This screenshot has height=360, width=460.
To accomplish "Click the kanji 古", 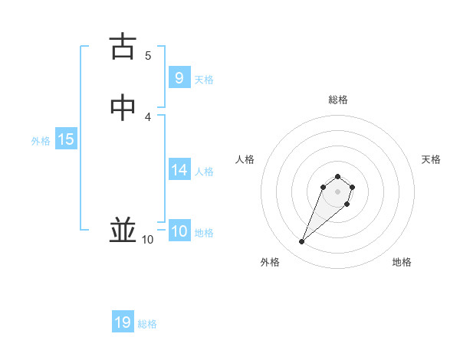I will pyautogui.click(x=123, y=47).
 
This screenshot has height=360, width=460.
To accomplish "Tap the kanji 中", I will pyautogui.click(x=123, y=108).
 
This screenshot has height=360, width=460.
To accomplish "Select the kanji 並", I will pyautogui.click(x=123, y=230).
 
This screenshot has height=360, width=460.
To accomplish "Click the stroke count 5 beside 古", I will pyautogui.click(x=148, y=55).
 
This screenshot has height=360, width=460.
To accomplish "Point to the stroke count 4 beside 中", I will pyautogui.click(x=148, y=116).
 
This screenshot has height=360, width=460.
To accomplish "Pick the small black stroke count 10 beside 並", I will pyautogui.click(x=148, y=240).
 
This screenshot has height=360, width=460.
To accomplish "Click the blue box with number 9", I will pyautogui.click(x=179, y=78).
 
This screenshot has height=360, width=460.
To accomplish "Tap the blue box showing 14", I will pyautogui.click(x=179, y=170).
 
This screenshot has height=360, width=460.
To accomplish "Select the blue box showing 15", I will pyautogui.click(x=66, y=139).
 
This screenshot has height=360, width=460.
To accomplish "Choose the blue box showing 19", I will pyautogui.click(x=123, y=322).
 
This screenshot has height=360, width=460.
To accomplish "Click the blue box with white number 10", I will pyautogui.click(x=179, y=232).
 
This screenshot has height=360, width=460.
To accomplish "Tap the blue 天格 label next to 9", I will pyautogui.click(x=204, y=80).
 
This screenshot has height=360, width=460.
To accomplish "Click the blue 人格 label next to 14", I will pyautogui.click(x=204, y=172).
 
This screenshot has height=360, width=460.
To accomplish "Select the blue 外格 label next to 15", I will pyautogui.click(x=41, y=141).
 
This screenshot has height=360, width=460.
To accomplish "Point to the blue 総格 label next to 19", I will pyautogui.click(x=147, y=324).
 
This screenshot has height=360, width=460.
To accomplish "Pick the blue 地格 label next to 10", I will pyautogui.click(x=204, y=233).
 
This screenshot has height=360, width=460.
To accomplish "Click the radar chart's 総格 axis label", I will pyautogui.click(x=338, y=100).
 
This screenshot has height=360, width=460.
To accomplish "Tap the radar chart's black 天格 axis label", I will pyautogui.click(x=431, y=159).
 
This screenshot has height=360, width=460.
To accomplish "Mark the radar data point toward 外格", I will pyautogui.click(x=302, y=242).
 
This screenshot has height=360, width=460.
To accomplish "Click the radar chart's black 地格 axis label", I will pyautogui.click(x=402, y=262).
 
